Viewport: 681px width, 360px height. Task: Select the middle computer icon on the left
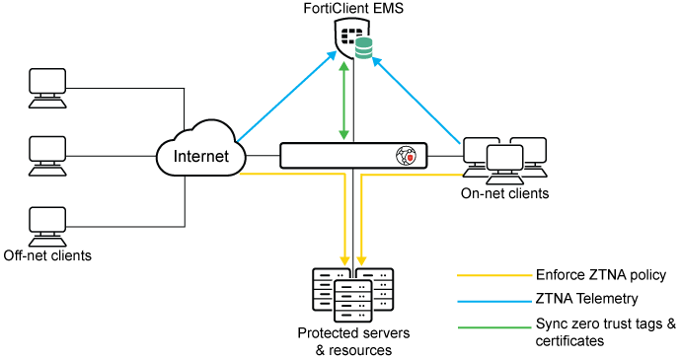47,155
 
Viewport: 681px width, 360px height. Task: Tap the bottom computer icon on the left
47,226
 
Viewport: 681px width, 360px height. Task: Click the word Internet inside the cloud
200,156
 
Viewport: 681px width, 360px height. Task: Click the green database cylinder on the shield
364,48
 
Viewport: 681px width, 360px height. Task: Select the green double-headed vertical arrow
343,101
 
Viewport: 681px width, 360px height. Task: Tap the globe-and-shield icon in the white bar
406,156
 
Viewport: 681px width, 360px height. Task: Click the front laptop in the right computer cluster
504,164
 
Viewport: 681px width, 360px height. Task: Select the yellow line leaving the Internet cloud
291,175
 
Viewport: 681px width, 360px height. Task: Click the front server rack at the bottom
353,301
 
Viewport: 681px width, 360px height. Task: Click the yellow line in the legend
494,275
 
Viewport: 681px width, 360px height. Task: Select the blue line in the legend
494,301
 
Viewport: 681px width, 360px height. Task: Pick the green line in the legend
494,327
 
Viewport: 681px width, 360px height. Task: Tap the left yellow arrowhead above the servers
344,260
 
